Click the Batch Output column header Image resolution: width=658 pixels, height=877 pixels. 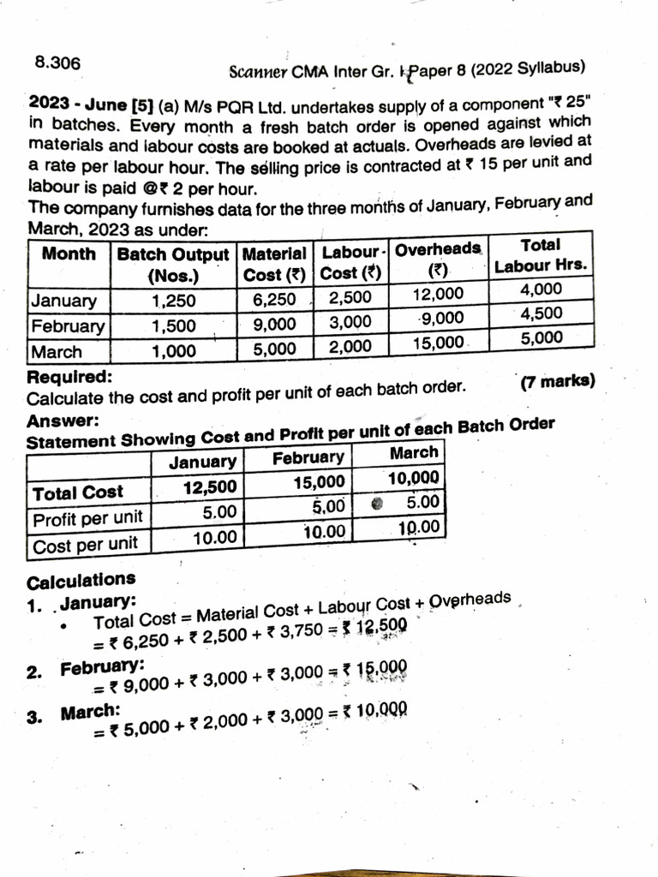tap(173, 265)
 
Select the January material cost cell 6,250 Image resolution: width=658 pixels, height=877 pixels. tap(274, 300)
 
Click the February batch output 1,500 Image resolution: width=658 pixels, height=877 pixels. tap(174, 325)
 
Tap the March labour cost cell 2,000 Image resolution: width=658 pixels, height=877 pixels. tap(350, 347)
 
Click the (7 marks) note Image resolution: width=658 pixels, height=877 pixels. tap(557, 382)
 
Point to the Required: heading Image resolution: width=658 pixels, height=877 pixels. tap(69, 378)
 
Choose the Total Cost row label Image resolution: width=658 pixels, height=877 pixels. tap(78, 492)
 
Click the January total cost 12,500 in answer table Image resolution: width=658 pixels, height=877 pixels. tap(210, 488)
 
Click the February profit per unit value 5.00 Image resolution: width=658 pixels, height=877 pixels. tap(329, 507)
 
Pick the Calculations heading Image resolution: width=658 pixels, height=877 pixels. tap(81, 581)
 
